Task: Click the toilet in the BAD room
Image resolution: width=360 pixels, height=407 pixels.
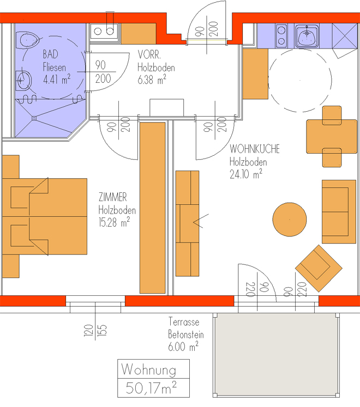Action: click(x=27, y=40)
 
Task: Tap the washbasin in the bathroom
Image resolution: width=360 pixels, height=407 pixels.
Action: click(x=23, y=81)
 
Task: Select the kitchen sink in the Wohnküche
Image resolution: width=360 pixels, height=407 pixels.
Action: click(x=307, y=36)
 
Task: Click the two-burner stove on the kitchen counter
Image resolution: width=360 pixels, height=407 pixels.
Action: click(x=281, y=35)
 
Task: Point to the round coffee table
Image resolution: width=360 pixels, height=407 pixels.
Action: click(x=289, y=220)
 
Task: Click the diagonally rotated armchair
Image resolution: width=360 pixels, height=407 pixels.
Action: click(x=319, y=268)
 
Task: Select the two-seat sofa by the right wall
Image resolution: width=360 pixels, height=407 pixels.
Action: click(x=339, y=211)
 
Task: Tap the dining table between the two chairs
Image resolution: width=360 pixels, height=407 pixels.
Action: click(x=332, y=136)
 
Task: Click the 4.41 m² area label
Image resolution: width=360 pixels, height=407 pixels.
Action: click(x=57, y=79)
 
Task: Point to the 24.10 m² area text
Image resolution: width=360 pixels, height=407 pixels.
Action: click(x=246, y=174)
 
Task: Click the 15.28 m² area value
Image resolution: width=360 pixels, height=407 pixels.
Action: click(x=114, y=222)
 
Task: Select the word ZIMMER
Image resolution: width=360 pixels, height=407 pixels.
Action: click(x=112, y=197)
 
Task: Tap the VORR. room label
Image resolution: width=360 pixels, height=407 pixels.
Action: click(x=149, y=55)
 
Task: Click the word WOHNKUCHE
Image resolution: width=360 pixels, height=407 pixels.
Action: click(x=255, y=149)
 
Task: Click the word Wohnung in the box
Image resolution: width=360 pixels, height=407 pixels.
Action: click(x=149, y=369)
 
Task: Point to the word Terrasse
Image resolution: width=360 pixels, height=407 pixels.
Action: click(x=184, y=322)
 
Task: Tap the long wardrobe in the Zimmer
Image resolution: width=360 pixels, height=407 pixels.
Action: click(x=153, y=208)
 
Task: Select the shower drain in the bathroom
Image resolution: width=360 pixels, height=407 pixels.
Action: click(x=34, y=118)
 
